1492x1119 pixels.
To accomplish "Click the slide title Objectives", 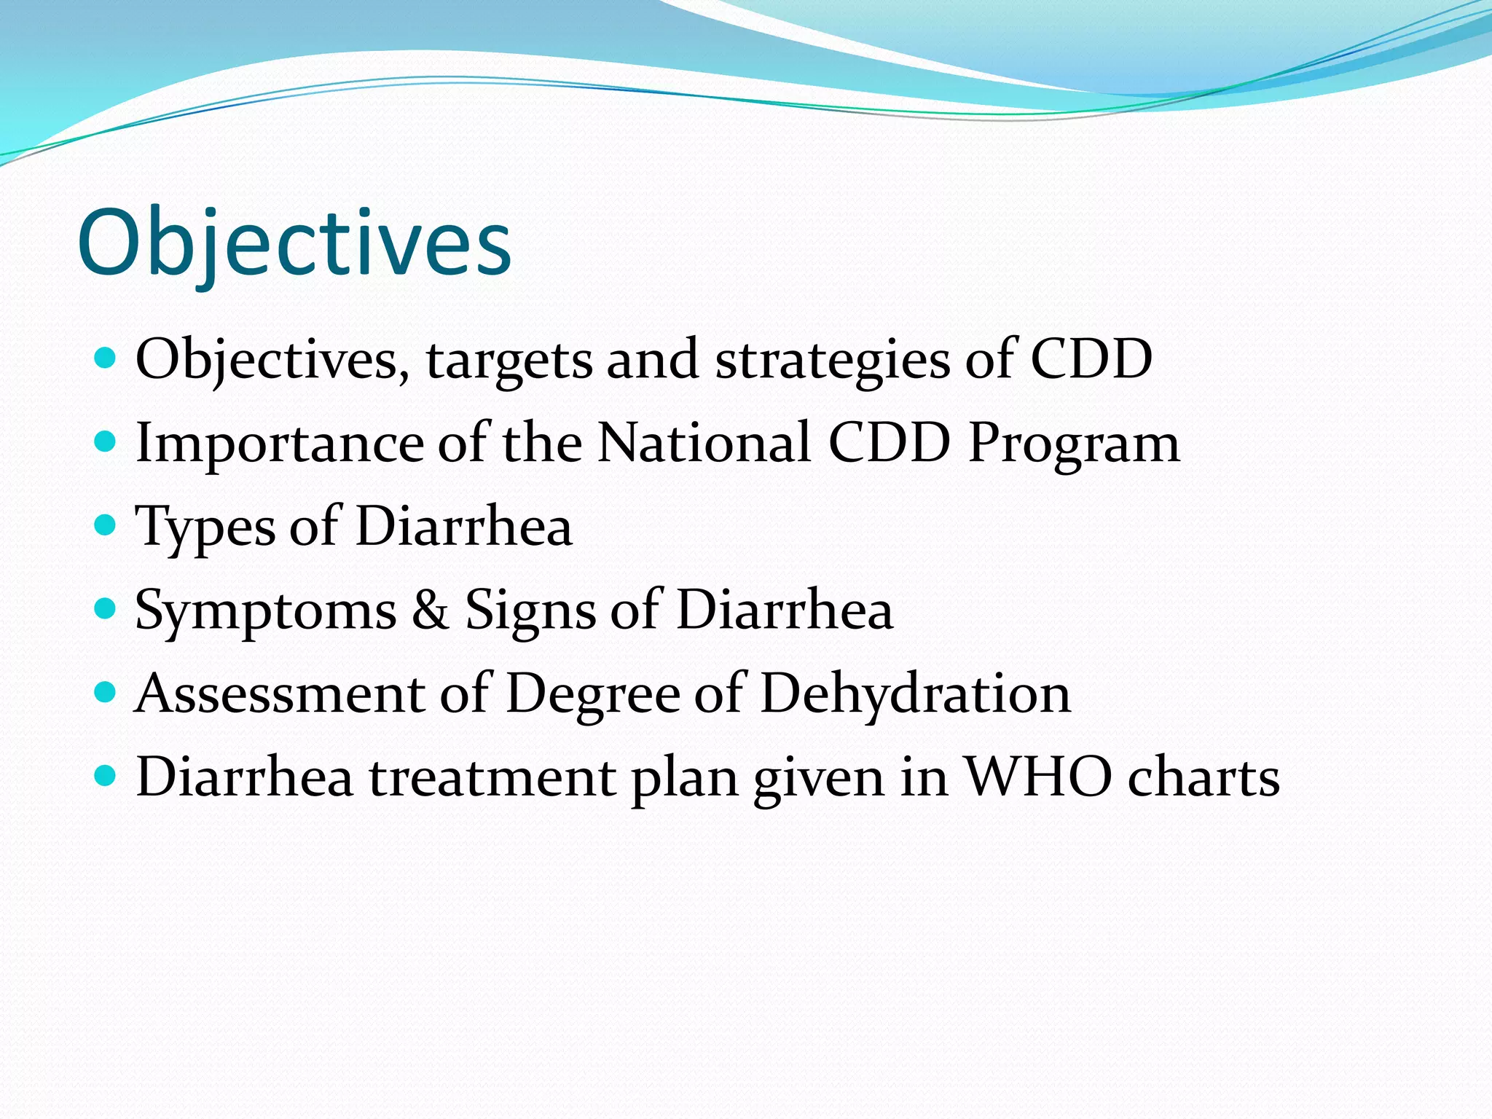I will pyautogui.click(x=294, y=244).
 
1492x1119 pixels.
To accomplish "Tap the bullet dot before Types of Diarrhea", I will pyautogui.click(x=106, y=525).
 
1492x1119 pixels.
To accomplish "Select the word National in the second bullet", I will pyautogui.click(x=704, y=443).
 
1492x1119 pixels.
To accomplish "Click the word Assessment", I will pyautogui.click(x=280, y=694).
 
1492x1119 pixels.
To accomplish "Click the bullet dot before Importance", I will pyautogui.click(x=106, y=441).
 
